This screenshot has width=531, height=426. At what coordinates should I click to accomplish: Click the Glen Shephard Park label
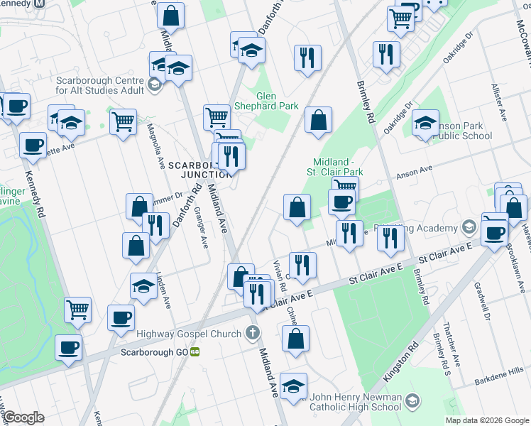pyautogui.click(x=277, y=101)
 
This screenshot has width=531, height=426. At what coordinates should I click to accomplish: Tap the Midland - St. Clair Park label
pyautogui.click(x=334, y=167)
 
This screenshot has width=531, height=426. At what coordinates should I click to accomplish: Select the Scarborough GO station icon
pyautogui.click(x=195, y=351)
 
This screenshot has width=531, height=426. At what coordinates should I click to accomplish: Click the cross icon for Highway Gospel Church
pyautogui.click(x=252, y=332)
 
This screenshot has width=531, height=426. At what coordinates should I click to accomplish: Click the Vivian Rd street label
pyautogui.click(x=279, y=277)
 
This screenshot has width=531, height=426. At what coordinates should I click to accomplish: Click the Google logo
pyautogui.click(x=24, y=417)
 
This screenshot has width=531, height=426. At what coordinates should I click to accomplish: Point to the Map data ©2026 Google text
pyautogui.click(x=486, y=420)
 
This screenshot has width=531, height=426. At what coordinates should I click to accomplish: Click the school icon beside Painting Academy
pyautogui.click(x=468, y=227)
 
